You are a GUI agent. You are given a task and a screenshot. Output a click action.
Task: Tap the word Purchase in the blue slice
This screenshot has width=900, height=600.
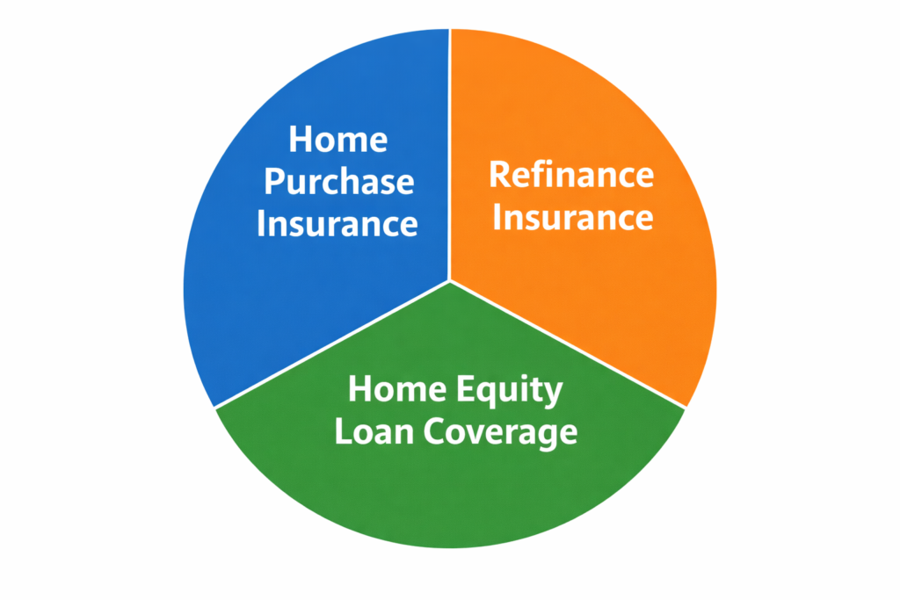pyautogui.click(x=338, y=182)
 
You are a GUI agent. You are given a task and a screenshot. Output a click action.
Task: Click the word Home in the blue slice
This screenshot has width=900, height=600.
pyautogui.click(x=338, y=140)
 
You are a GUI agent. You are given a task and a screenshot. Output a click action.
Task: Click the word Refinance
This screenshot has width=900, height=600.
pyautogui.click(x=571, y=175)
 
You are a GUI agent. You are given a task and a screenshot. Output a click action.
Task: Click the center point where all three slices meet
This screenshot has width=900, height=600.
pyautogui.click(x=450, y=281)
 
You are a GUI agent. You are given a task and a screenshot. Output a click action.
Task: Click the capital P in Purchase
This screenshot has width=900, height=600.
pyautogui.click(x=275, y=182)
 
